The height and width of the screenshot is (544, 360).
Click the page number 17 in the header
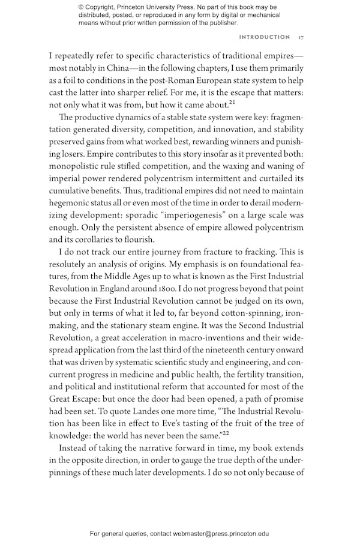(301, 38)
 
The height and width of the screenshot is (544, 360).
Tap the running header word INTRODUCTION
(265, 38)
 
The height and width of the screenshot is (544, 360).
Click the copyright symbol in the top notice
(82, 7)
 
